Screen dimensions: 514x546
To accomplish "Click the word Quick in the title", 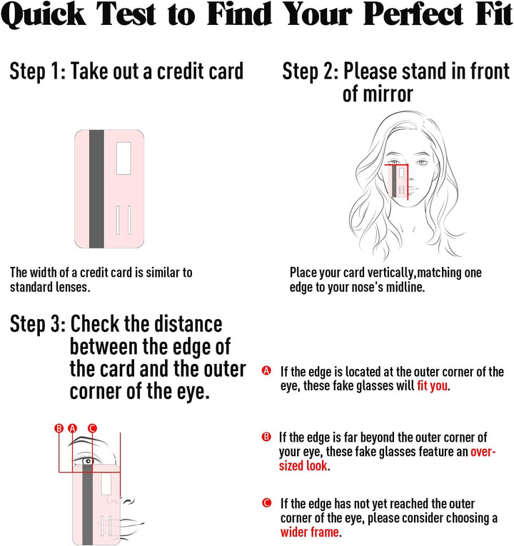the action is click(43, 14).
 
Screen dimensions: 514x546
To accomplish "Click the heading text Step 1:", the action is click(38, 72).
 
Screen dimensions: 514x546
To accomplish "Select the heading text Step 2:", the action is click(311, 72).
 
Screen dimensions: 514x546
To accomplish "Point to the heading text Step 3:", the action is click(38, 324).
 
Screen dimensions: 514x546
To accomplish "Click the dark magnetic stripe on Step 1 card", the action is click(96, 189).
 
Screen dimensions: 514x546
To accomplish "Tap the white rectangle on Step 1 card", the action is click(124, 158).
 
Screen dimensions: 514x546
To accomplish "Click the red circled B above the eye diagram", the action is click(59, 428).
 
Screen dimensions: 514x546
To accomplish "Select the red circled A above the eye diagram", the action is click(72, 428).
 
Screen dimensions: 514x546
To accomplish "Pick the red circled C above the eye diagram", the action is click(92, 428).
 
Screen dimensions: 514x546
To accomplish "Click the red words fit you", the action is click(432, 386).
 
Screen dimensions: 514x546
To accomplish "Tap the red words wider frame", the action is click(310, 532).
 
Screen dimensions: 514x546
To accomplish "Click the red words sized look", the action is click(303, 465).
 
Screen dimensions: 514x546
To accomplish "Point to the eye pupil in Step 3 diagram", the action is click(88, 461).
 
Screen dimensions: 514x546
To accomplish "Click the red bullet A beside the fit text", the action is click(266, 370).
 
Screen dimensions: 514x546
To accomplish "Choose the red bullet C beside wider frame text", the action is click(267, 503).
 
